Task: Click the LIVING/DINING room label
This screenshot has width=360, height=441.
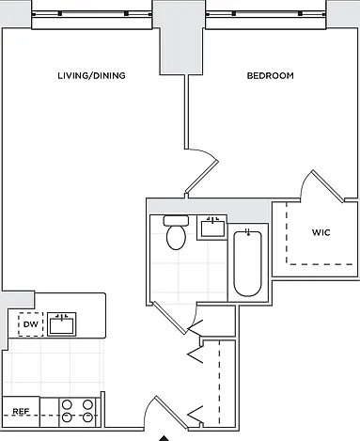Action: point(91,75)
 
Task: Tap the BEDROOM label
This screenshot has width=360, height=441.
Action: point(271,75)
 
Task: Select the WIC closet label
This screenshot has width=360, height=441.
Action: point(321,232)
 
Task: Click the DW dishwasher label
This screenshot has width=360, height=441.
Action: point(31,324)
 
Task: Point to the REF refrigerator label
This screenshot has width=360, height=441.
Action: point(21,411)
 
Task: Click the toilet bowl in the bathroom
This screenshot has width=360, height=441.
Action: point(176,238)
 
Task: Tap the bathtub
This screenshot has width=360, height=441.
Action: point(247,263)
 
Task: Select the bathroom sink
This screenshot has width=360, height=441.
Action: point(212,228)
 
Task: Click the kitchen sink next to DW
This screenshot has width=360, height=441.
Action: point(61,324)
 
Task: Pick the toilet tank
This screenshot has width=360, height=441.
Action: point(176,220)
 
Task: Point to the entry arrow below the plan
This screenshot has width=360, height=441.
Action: point(164,438)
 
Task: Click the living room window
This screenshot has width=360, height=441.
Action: point(92,19)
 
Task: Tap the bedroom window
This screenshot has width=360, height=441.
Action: point(266,19)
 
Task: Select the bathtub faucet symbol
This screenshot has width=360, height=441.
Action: point(247,232)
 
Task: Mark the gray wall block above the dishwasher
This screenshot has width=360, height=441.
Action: point(18,299)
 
